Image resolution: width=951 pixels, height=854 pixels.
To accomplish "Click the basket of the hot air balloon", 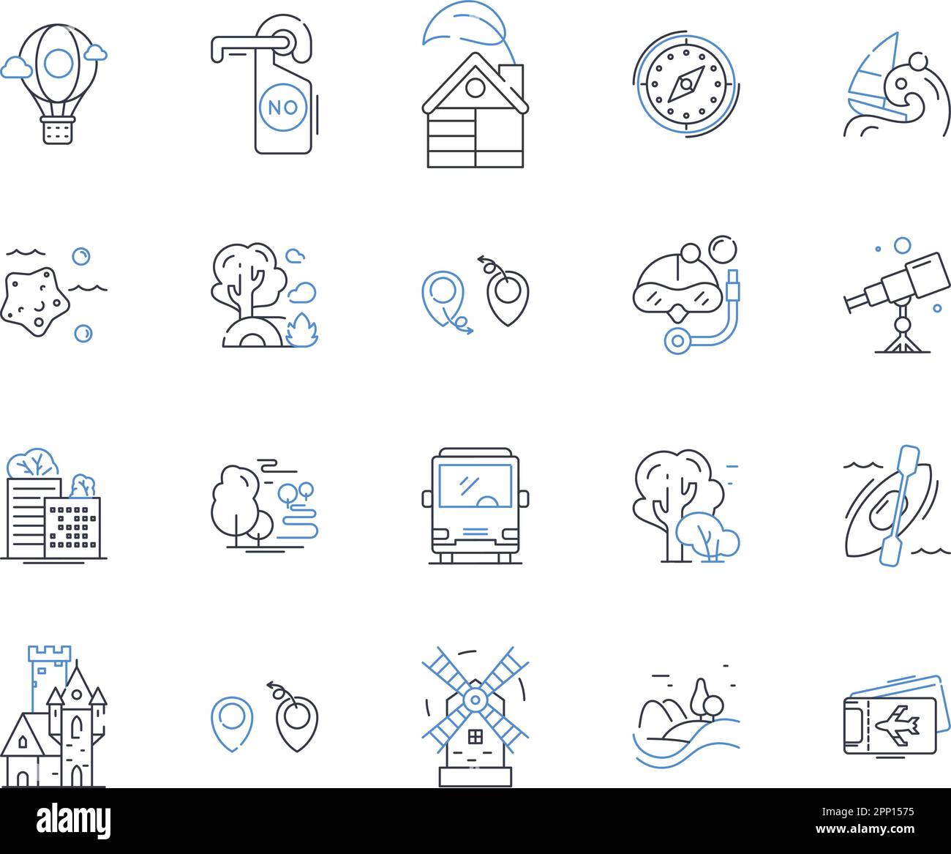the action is coord(58,130).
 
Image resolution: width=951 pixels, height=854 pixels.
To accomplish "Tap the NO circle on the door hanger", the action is coord(283,108).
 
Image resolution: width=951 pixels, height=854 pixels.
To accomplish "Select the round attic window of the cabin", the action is coord(475,88).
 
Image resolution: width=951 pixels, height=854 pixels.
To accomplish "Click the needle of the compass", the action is coord(686,84).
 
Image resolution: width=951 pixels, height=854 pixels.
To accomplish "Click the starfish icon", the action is coord(34,301).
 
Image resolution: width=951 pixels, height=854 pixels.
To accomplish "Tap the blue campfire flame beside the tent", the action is coord(303,331).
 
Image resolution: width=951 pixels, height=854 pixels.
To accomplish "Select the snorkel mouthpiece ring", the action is coord(677,341).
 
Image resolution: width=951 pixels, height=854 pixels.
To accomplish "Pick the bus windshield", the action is coord(475,486).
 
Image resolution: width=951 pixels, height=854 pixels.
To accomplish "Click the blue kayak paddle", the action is coord(899,506).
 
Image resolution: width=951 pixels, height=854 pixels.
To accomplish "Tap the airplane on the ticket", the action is coord(897,726).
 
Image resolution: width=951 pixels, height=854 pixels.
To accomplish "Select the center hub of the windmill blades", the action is coord(475,700).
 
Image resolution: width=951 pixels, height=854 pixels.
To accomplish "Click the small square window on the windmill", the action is coord(475,737).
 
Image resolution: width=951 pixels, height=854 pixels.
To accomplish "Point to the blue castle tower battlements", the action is coord(50,653).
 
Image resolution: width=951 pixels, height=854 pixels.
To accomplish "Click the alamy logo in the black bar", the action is coord(74,820).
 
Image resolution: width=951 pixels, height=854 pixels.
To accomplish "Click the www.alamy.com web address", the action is coord(865,829).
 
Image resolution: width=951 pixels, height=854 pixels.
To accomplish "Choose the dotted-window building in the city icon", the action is coord(72,528).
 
